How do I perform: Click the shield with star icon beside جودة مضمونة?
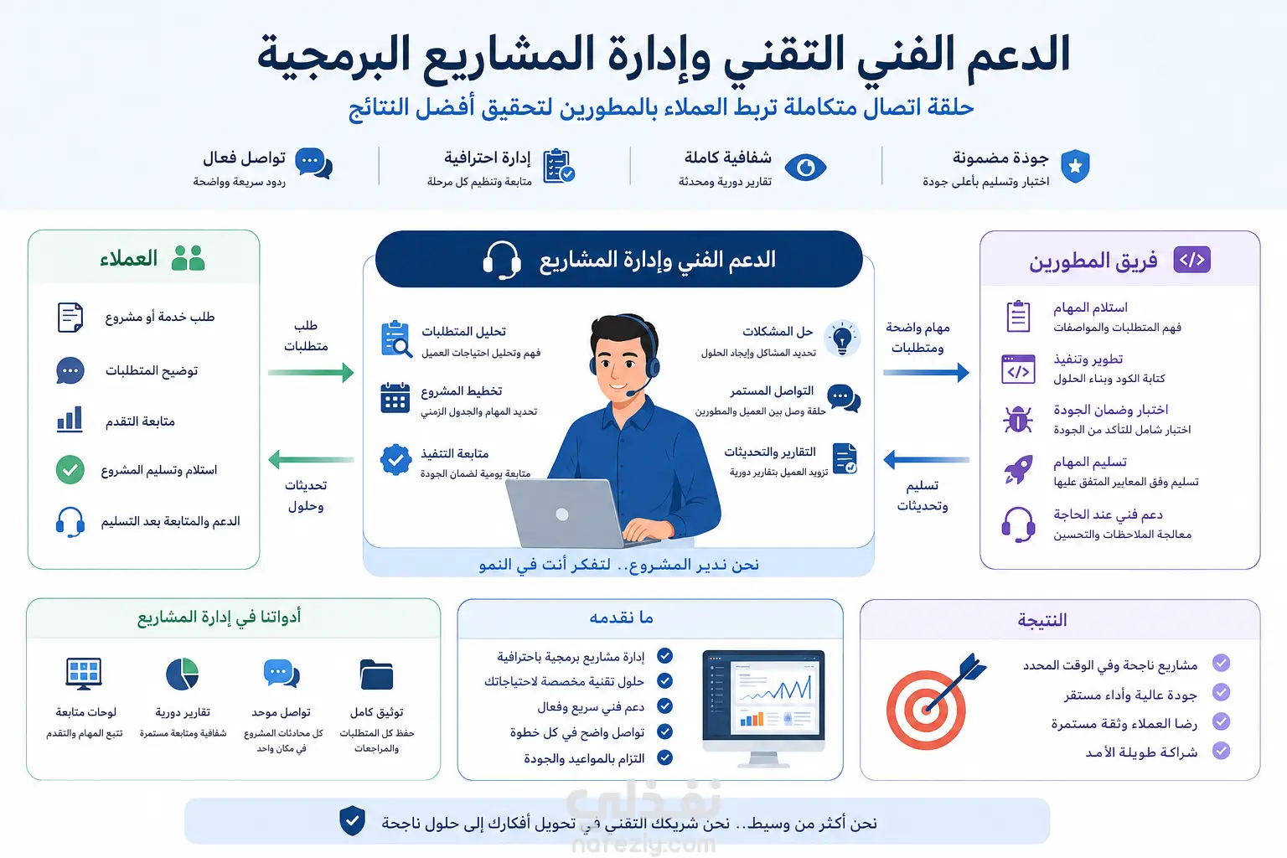point(1075,166)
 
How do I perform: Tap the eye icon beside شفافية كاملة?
point(805,168)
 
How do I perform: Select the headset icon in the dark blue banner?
point(502,261)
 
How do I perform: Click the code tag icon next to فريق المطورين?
point(1192,260)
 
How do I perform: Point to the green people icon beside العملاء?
point(188,258)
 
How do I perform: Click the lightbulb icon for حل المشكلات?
point(842,339)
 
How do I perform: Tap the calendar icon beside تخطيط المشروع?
point(395,398)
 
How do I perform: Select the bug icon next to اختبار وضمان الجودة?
point(1017,419)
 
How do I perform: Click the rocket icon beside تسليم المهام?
point(1018,469)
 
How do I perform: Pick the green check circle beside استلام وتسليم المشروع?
point(70,469)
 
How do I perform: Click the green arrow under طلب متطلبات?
point(311,372)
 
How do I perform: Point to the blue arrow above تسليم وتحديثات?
point(926,460)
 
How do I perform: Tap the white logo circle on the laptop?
point(562,514)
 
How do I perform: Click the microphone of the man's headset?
point(631,393)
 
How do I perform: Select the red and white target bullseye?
point(926,710)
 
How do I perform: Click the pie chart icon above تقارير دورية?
point(182,674)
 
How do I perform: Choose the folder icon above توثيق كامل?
point(376,675)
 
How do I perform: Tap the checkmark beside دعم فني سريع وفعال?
point(664,706)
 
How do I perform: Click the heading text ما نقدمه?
point(621,618)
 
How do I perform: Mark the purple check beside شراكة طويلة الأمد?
point(1222,751)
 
